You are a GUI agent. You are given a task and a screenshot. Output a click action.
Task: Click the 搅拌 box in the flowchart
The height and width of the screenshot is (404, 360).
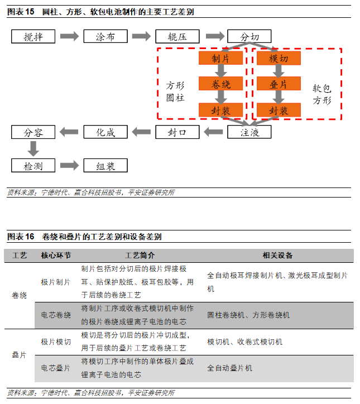[x=33, y=37]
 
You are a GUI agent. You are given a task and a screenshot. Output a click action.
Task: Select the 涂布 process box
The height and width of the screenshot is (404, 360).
[x=105, y=37]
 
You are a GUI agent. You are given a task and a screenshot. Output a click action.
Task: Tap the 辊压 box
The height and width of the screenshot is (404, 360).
[x=177, y=37]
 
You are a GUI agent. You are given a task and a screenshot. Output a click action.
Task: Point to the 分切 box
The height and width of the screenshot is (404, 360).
[x=249, y=37]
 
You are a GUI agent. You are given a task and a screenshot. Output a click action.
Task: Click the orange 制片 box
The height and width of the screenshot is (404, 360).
[x=222, y=59]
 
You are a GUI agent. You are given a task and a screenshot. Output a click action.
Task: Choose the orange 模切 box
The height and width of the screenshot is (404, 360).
[x=279, y=59]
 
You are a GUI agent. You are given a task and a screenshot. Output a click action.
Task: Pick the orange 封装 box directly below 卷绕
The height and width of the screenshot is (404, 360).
[x=222, y=110]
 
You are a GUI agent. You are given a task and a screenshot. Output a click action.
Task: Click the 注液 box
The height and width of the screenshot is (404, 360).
[x=249, y=132]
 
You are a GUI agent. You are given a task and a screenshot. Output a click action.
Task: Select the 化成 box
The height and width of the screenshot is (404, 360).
[x=105, y=132]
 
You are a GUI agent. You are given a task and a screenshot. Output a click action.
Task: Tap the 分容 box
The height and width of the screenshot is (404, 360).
[x=33, y=132]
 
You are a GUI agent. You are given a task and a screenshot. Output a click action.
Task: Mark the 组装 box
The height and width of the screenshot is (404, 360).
[x=105, y=166]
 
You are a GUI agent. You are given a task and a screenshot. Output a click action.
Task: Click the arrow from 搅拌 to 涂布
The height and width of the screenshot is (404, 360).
[x=70, y=37]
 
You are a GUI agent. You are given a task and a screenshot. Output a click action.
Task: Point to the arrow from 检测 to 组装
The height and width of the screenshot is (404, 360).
[x=70, y=166]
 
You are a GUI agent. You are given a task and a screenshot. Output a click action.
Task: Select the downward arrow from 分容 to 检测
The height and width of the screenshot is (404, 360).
[x=33, y=149]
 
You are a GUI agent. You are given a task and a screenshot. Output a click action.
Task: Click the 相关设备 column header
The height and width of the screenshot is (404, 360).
[x=277, y=256]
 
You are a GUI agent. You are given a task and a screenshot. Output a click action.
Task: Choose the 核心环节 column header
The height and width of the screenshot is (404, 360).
[x=56, y=256]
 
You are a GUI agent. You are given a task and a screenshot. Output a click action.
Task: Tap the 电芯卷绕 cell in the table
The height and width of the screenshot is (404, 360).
[x=56, y=315]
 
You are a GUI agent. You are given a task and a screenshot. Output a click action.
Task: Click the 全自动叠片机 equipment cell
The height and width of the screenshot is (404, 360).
[x=230, y=368]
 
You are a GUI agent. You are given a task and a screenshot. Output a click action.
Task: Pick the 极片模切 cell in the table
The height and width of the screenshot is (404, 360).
[x=56, y=342]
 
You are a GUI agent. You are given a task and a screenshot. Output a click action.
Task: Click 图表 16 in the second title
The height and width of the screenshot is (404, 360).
[x=21, y=237]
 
